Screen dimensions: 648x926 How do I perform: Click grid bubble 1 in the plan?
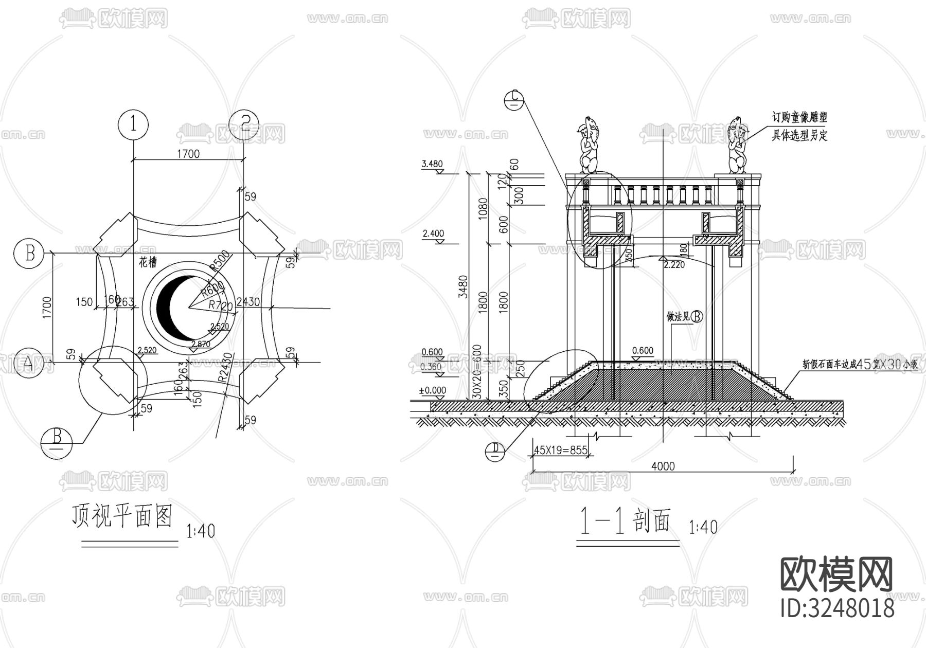click(133, 124)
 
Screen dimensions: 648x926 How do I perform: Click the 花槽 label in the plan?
click(148, 263)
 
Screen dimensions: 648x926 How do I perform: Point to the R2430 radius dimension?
click(224, 367)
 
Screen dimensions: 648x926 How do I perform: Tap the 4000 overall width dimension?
click(663, 466)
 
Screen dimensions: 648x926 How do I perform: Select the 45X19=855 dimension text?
click(560, 450)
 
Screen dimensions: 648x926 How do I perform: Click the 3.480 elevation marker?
click(432, 165)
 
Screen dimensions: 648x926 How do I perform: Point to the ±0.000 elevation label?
click(433, 390)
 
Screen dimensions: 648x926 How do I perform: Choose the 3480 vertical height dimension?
click(462, 287)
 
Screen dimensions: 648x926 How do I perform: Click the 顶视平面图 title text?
click(122, 516)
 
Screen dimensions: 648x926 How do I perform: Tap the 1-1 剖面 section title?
click(626, 523)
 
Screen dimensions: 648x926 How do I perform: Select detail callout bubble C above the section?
click(514, 100)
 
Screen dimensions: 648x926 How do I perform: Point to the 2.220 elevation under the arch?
click(674, 264)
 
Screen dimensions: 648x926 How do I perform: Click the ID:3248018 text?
click(837, 608)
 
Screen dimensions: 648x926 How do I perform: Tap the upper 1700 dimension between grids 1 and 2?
click(188, 153)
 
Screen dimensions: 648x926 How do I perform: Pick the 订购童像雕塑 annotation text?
click(798, 117)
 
